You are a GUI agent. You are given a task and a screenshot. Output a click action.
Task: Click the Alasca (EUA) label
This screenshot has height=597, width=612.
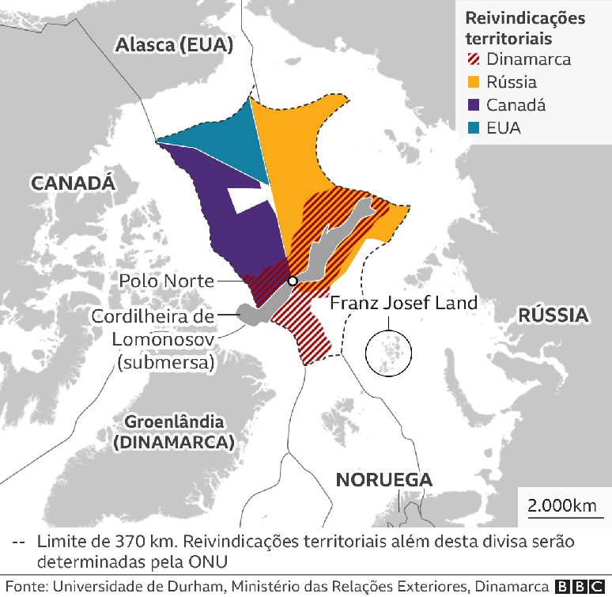(x=174, y=45)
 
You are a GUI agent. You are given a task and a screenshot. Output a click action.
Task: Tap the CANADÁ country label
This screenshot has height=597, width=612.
(x=74, y=183)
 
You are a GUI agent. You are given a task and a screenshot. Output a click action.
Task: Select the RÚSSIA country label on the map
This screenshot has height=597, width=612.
(x=553, y=315)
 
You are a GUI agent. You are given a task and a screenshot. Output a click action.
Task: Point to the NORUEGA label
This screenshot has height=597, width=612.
(x=383, y=480)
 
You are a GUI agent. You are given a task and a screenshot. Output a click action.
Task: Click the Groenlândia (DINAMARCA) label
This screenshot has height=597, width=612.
(x=173, y=432)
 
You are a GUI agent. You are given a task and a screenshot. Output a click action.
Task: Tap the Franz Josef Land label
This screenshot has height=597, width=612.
(x=403, y=302)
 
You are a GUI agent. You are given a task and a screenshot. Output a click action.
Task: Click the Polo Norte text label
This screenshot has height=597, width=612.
(x=166, y=281)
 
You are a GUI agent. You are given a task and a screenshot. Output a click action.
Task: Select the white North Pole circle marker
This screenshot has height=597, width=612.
(x=293, y=281)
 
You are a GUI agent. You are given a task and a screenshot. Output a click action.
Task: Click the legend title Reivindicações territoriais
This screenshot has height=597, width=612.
(x=524, y=28)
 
